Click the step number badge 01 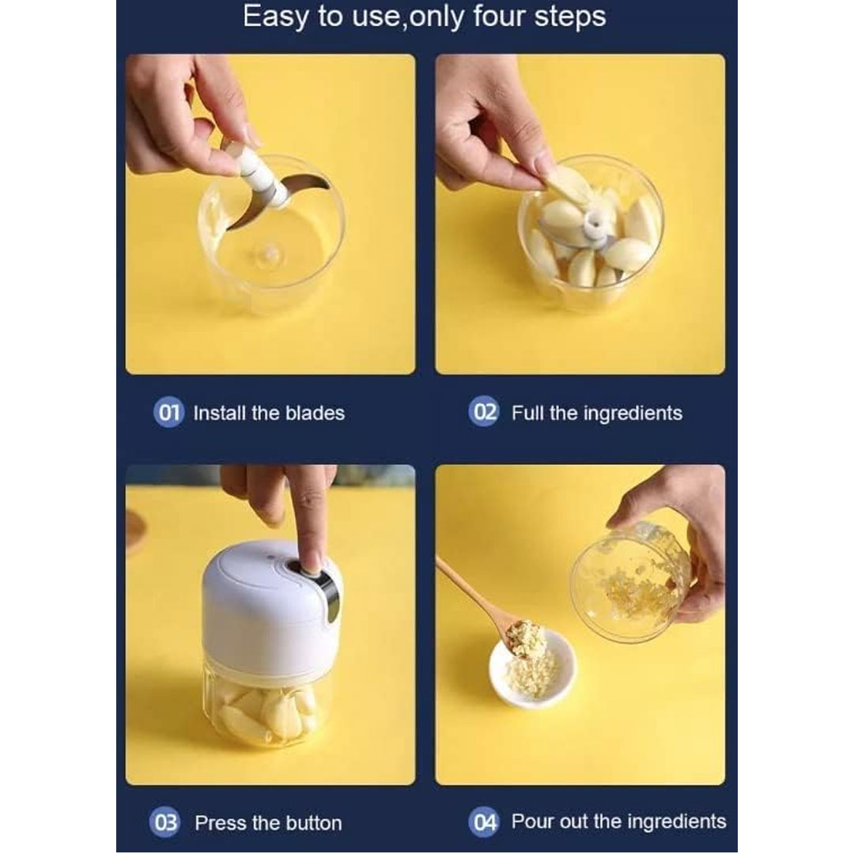coord(168,412)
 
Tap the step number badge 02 coord(483,412)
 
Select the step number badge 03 coord(164,822)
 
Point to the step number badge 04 coord(483,822)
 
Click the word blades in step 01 coord(315,413)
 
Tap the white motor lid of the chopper coord(270,605)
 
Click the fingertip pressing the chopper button coord(311,565)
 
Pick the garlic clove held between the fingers coord(566,184)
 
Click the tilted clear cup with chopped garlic coord(632,582)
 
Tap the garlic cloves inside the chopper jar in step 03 coord(267,713)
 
